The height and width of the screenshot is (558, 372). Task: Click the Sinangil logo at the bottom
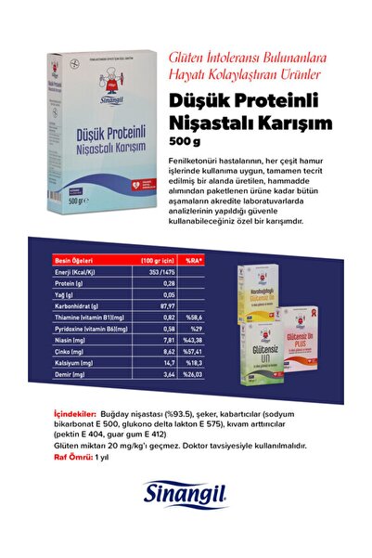pyautogui.click(x=186, y=497)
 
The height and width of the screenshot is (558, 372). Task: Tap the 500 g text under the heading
pyautogui.click(x=186, y=141)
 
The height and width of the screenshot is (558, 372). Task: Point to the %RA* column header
pyautogui.click(x=194, y=260)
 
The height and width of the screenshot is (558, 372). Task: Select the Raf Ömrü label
pyautogui.click(x=72, y=458)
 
